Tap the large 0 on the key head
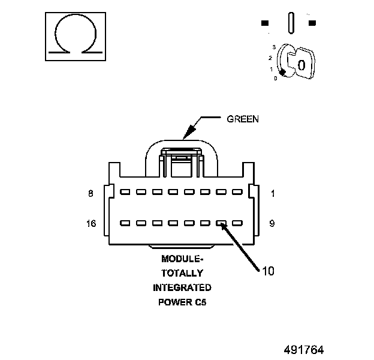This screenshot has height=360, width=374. [x=301, y=64]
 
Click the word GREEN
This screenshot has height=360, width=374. [x=243, y=119]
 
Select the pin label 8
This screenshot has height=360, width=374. [x=91, y=193]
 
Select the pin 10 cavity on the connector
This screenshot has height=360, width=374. [x=221, y=223]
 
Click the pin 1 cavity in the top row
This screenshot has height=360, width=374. [x=236, y=193]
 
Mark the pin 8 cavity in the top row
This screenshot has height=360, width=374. [x=125, y=193]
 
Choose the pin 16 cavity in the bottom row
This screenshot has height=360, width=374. [x=125, y=223]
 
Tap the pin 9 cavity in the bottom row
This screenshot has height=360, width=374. [x=236, y=223]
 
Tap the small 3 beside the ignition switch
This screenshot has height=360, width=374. [x=273, y=46]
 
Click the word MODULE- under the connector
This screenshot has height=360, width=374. [x=182, y=259]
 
